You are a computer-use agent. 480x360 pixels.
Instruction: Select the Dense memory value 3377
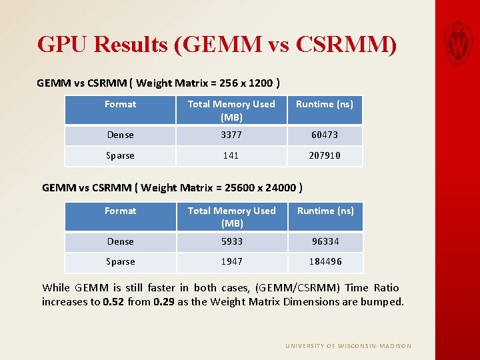[231, 135]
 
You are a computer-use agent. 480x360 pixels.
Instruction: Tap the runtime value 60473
[325, 135]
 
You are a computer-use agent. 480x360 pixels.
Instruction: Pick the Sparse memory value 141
[231, 155]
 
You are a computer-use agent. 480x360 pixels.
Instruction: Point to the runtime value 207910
[325, 155]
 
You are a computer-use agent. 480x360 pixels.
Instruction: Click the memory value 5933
[231, 241]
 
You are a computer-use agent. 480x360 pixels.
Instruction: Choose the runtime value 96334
[325, 241]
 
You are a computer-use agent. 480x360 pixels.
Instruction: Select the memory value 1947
[231, 261]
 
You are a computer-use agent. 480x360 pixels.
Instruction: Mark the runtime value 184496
[325, 261]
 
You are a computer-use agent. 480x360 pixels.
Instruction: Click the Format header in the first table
[120, 104]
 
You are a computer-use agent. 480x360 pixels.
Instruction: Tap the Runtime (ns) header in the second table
[325, 211]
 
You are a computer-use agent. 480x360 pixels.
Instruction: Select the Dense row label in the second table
[120, 241]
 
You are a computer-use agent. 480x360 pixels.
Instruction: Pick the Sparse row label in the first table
[120, 155]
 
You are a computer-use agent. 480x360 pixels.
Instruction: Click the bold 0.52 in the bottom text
[113, 301]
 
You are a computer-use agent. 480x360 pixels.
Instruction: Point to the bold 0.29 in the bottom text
[165, 301]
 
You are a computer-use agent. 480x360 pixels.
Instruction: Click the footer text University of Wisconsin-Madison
[348, 346]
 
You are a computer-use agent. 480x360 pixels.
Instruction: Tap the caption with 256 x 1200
[158, 83]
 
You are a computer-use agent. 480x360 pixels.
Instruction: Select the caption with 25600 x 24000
[173, 187]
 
